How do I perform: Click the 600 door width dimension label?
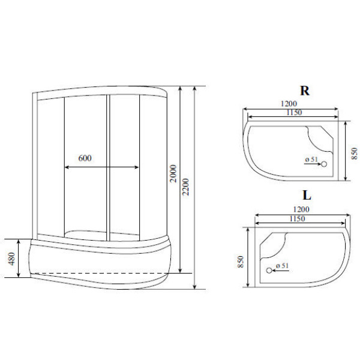(x=85, y=158)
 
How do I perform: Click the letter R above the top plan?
(x=305, y=91)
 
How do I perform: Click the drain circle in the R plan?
(x=324, y=164)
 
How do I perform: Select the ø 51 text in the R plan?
(x=311, y=158)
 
